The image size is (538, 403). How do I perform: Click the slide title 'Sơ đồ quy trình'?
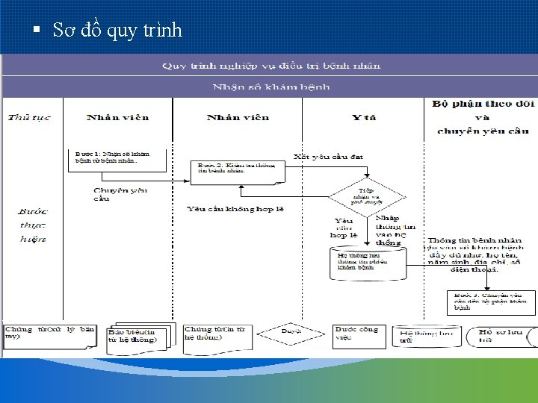pos(117,30)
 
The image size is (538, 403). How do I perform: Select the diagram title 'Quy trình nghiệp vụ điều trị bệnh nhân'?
pos(271,66)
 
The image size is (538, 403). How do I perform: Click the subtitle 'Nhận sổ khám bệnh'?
pos(271,87)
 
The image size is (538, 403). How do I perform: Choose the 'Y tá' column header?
pos(365,118)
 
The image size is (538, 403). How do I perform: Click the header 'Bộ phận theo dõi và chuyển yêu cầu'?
pos(482,117)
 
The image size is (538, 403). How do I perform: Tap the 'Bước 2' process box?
pos(238,171)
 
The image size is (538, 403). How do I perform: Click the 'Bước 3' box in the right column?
pos(491,302)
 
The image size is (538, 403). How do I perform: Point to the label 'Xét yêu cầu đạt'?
pos(317,157)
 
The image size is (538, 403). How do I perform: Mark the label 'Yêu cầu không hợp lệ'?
pos(235,209)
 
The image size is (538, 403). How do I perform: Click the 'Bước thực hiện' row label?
pos(32,225)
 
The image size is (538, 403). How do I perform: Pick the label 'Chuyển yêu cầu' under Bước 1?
pos(120,194)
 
